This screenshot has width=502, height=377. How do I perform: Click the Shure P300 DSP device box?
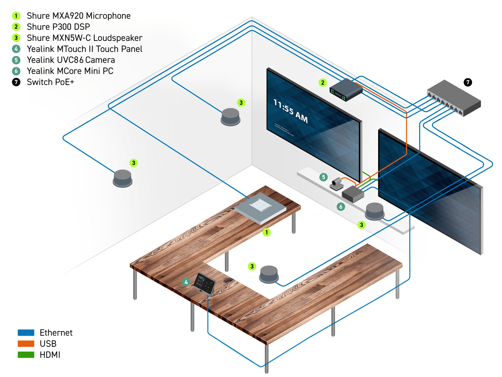(x=346, y=89)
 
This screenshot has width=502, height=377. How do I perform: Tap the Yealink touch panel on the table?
(x=205, y=283)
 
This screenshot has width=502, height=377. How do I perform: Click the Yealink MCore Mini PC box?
(x=353, y=194)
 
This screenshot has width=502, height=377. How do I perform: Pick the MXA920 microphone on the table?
(x=260, y=208)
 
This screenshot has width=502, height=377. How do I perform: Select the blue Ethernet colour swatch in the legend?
(x=26, y=333)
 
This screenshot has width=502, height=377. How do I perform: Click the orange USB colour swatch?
(x=26, y=344)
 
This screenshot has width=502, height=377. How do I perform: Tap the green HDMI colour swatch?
(x=26, y=355)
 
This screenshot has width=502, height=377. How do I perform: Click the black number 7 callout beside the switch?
(x=468, y=82)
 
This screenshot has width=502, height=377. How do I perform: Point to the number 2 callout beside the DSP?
(x=323, y=82)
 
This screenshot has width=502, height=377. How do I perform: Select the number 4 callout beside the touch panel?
(x=186, y=282)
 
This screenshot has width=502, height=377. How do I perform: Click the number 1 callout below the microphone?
(x=267, y=232)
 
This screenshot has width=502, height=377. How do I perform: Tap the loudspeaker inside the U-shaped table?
(x=269, y=274)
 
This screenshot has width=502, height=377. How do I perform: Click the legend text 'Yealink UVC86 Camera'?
(x=71, y=60)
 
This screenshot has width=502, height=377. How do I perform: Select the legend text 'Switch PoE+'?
(x=50, y=82)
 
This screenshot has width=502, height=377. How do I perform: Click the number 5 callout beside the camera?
(x=324, y=177)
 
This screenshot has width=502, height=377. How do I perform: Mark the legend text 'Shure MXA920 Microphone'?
(x=79, y=16)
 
